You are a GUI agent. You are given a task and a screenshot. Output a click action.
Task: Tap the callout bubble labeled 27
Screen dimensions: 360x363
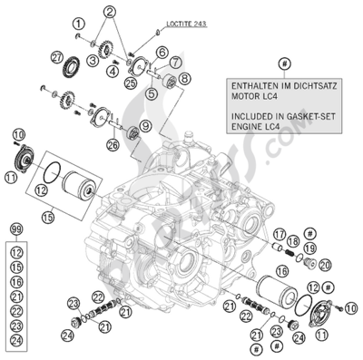click(55, 60)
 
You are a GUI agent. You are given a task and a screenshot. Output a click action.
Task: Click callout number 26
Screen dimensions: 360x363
click(136, 142)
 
